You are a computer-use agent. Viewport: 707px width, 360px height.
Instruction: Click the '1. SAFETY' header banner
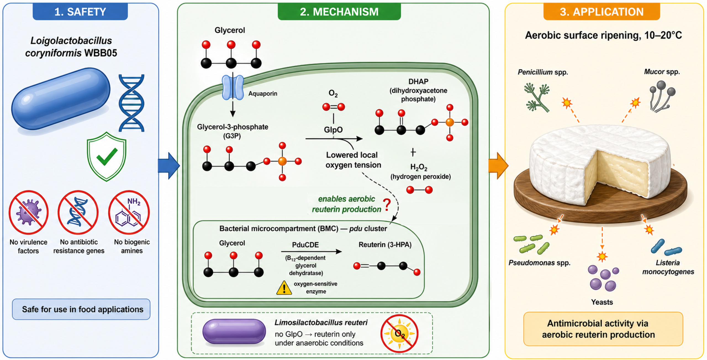(x=80, y=12)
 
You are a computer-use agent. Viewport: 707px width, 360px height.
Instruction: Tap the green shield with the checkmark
(x=107, y=156)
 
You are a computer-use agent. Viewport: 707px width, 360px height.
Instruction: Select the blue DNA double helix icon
(x=131, y=103)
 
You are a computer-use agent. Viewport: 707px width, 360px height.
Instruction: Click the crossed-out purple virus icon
(x=28, y=212)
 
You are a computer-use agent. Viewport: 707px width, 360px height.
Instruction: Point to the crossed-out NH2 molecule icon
(x=129, y=212)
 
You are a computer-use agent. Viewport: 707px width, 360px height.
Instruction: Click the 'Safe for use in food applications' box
(x=81, y=309)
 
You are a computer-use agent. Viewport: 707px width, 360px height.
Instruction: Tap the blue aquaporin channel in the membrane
(x=233, y=88)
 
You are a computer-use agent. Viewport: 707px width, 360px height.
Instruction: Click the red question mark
(x=387, y=205)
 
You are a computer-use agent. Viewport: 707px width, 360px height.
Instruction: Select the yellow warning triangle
(x=284, y=288)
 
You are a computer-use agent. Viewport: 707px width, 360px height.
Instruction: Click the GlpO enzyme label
(x=333, y=129)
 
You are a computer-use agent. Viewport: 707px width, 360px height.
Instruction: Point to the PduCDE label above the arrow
(x=305, y=245)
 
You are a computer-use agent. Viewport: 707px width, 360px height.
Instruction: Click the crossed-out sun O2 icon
(x=399, y=333)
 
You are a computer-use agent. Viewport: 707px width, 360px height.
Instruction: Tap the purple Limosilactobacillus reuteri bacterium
(x=234, y=332)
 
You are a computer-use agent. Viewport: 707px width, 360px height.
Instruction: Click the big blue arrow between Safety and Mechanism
(x=169, y=166)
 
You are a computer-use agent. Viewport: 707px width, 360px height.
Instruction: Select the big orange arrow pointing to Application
(x=498, y=166)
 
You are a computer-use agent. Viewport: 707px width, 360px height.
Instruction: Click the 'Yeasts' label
(x=602, y=302)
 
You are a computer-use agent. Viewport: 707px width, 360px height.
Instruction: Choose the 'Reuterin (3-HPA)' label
(x=385, y=245)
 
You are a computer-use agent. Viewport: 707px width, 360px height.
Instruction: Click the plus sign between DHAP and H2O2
(x=413, y=152)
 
